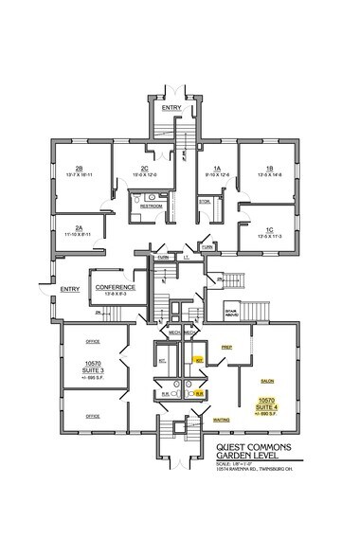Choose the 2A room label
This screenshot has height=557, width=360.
pyautogui.click(x=80, y=228)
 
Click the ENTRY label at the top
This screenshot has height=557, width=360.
pyautogui.click(x=171, y=108)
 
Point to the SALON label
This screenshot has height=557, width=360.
pyautogui.click(x=267, y=380)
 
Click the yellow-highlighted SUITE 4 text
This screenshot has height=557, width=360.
pyautogui.click(x=269, y=407)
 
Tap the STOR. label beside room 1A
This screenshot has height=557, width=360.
pyautogui.click(x=205, y=202)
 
